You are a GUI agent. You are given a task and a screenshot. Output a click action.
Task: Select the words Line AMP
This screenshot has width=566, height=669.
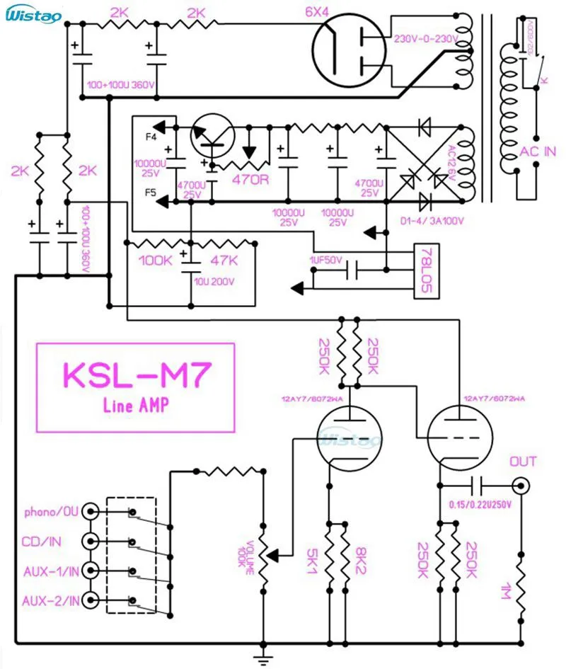click(x=134, y=405)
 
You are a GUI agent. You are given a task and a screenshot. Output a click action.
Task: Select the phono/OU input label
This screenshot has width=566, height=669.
click(x=51, y=511)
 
